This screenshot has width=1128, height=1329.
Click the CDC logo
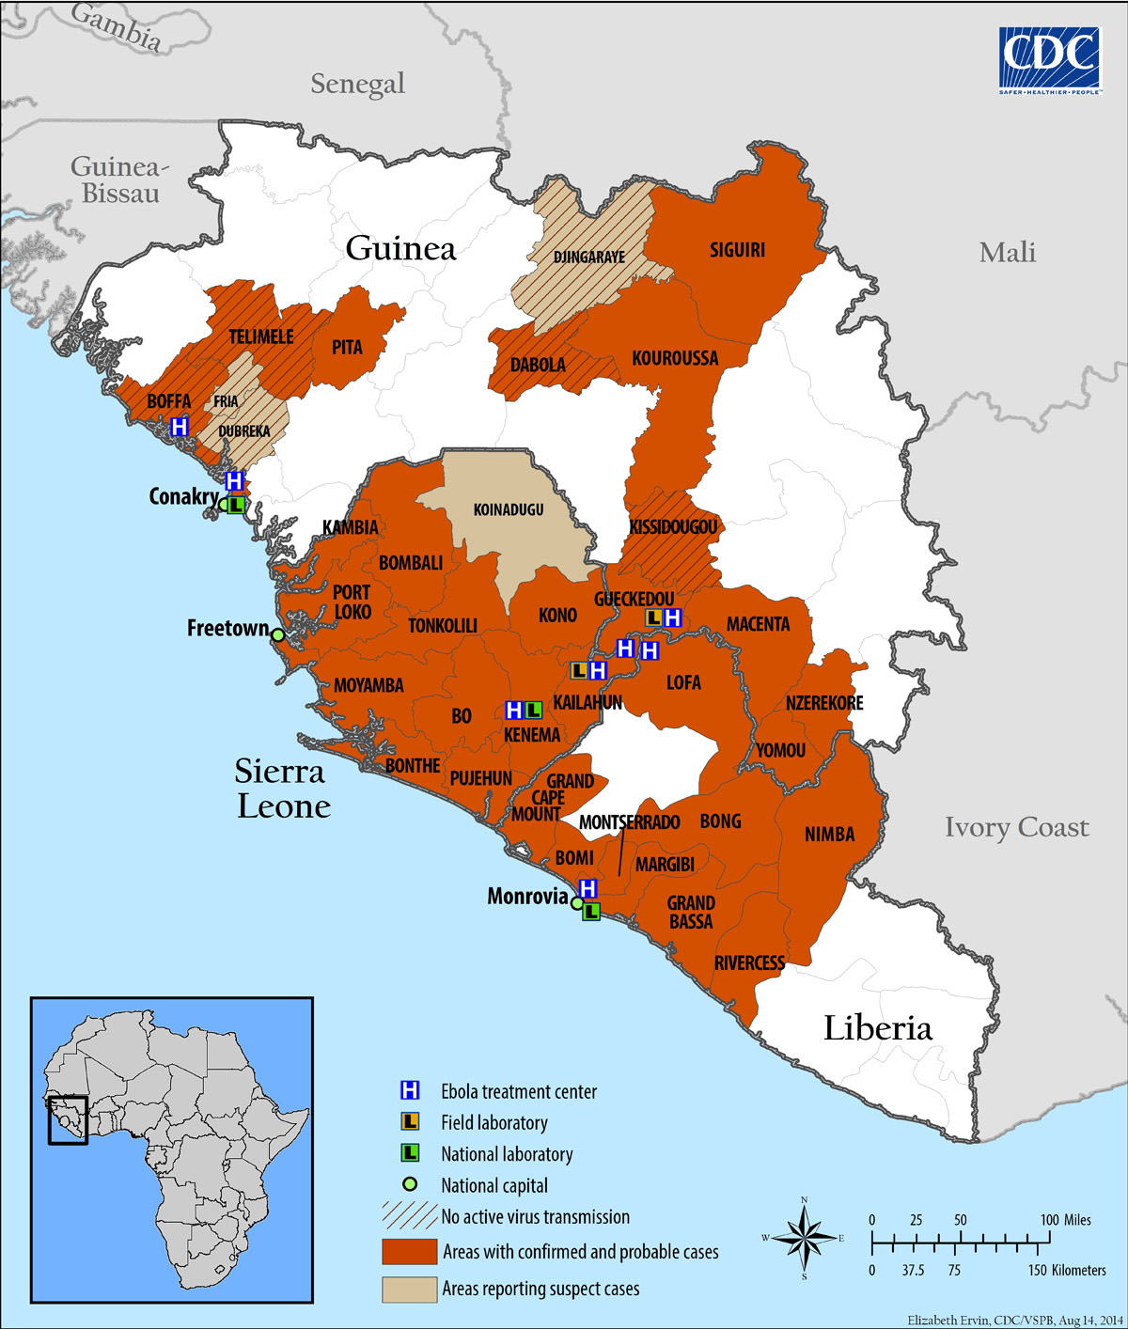[1049, 60]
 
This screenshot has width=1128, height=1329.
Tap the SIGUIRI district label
[737, 250]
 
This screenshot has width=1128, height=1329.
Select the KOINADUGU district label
[508, 509]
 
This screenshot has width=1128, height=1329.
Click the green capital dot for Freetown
[277, 635]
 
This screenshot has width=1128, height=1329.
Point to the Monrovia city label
[527, 897]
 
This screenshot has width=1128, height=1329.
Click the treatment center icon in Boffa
[180, 427]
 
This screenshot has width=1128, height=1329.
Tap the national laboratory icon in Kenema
[533, 710]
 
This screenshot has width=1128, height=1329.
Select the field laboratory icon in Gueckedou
[653, 618]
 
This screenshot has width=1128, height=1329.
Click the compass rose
[804, 1238]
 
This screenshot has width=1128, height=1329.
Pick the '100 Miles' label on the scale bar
[1065, 1220]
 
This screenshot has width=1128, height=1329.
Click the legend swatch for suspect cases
[409, 1290]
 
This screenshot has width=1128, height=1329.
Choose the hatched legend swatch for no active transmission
[409, 1216]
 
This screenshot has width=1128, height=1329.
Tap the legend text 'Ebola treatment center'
[519, 1092]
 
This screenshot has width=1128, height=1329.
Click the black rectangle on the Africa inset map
[68, 1120]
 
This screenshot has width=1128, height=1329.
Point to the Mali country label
[1007, 252]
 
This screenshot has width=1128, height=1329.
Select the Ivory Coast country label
[1016, 827]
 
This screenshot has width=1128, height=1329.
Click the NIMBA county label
[829, 835]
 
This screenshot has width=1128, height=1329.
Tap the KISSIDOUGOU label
[673, 527]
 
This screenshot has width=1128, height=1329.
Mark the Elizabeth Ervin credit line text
[1014, 1321]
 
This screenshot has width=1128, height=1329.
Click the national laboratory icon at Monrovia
[591, 911]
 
